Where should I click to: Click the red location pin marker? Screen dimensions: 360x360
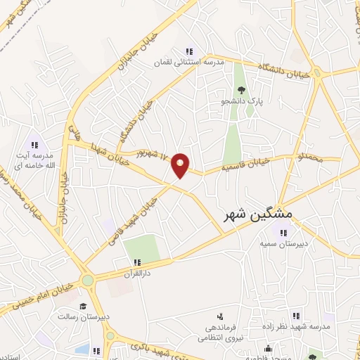click(181, 165)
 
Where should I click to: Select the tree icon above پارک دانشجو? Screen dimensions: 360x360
click(240, 89)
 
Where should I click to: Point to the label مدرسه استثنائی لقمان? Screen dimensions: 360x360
click(189, 62)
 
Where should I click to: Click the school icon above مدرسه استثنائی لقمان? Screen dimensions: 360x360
click(188, 51)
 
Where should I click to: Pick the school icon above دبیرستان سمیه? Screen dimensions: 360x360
click(283, 233)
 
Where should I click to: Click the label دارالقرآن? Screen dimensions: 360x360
click(137, 271)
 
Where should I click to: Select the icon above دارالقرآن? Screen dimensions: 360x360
click(138, 261)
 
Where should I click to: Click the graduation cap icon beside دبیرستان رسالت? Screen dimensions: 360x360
click(83, 306)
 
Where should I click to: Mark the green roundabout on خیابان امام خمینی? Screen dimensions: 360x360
click(87, 281)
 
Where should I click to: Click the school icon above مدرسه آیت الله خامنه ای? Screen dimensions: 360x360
click(34, 144)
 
